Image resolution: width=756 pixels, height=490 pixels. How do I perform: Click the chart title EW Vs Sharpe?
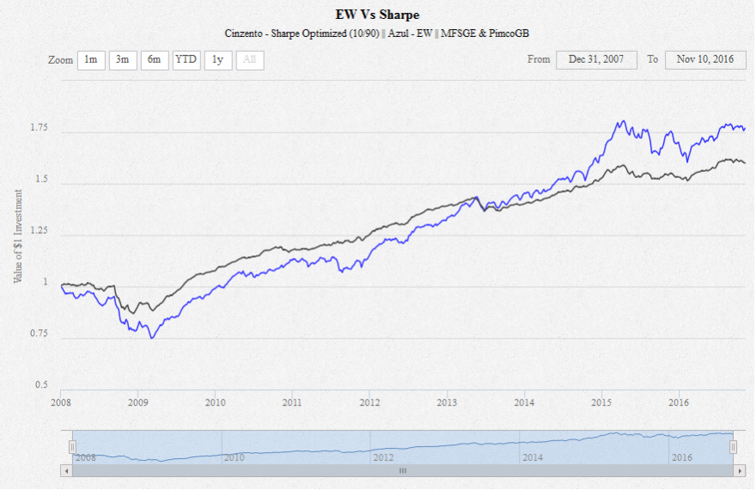[377, 15]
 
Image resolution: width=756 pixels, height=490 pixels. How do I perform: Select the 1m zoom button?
[91, 60]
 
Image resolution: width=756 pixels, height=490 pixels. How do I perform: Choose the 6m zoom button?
[155, 60]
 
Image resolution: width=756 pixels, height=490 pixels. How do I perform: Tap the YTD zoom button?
[186, 60]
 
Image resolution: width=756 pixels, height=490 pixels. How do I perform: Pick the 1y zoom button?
[218, 60]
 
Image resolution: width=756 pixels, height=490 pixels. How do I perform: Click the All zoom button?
[250, 60]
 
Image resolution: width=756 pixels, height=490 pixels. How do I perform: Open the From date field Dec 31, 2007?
[597, 60]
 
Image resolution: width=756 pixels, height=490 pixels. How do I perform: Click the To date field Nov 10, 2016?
[704, 60]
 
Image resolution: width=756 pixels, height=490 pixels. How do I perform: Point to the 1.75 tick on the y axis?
[40, 128]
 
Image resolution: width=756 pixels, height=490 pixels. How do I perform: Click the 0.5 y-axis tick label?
[42, 385]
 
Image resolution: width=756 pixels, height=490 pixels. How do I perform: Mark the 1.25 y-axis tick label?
[40, 231]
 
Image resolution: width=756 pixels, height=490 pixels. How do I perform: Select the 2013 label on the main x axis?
[448, 401]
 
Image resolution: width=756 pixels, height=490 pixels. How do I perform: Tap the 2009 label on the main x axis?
[138, 401]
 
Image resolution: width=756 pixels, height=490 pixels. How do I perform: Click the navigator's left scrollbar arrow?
[66, 471]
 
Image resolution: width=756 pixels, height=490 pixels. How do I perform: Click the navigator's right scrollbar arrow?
[740, 471]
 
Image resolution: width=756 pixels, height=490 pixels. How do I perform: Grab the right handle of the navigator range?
[733, 447]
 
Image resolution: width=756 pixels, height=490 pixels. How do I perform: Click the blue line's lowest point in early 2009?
[152, 338]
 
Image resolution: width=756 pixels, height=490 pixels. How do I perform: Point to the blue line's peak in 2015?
[621, 121]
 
